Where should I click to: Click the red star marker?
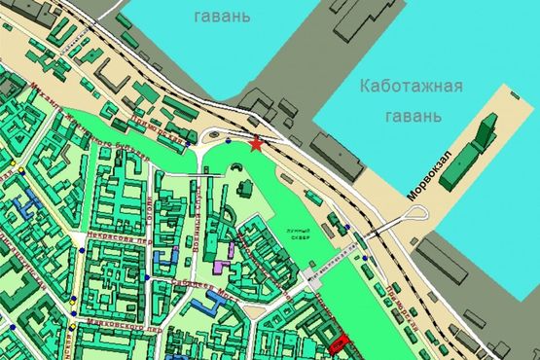tap(256, 145)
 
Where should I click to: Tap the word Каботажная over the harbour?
tap(409, 87)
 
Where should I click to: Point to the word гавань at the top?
tap(223, 17)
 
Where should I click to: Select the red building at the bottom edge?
tap(338, 342)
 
